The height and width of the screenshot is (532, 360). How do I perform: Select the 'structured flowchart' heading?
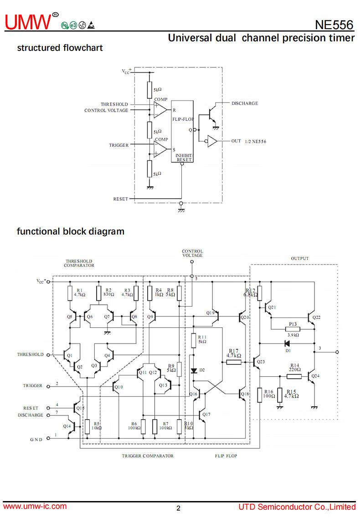[60, 48]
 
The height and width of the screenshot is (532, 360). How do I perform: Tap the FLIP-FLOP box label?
[183, 119]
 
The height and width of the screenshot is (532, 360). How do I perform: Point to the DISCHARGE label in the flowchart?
[244, 103]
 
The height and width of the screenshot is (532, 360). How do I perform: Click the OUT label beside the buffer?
[236, 141]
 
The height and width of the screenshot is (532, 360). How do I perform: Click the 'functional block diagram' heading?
[71, 231]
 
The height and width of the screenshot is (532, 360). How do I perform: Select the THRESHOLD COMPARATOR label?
[79, 263]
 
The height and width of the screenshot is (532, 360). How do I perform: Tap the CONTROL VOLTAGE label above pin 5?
[192, 253]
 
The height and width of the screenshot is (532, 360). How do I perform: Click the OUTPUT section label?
[299, 258]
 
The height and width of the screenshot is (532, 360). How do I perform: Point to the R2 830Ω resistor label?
[108, 292]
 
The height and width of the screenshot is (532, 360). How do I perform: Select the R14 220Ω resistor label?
[295, 367]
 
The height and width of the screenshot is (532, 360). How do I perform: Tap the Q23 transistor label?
[261, 362]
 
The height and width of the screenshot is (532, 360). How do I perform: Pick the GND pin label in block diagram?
[36, 440]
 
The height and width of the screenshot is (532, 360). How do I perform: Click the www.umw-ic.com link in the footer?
[35, 506]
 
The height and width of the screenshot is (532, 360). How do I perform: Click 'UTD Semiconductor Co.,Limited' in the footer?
[297, 507]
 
